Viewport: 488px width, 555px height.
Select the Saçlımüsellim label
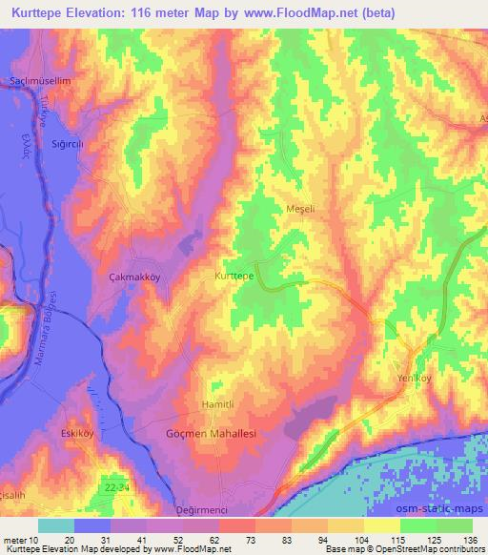(40, 81)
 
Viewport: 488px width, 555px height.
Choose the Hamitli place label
(217, 405)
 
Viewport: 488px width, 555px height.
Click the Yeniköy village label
(416, 380)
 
